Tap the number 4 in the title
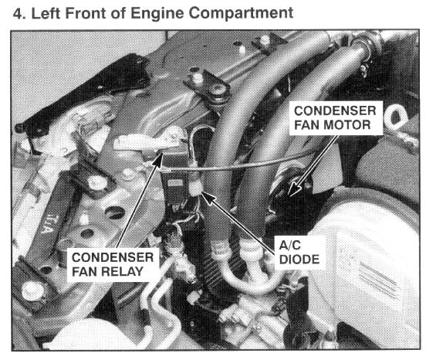click(17, 13)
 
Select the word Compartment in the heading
click(241, 13)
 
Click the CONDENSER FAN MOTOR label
click(335, 118)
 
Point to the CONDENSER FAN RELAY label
click(113, 264)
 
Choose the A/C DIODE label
click(299, 253)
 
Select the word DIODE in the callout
click(299, 260)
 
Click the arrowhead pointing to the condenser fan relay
click(158, 159)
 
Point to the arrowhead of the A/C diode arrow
click(208, 197)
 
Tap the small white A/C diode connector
click(195, 187)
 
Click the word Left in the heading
click(46, 13)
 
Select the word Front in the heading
click(86, 13)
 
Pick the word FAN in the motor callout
click(306, 125)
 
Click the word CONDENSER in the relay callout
click(113, 257)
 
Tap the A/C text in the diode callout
click(290, 245)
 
